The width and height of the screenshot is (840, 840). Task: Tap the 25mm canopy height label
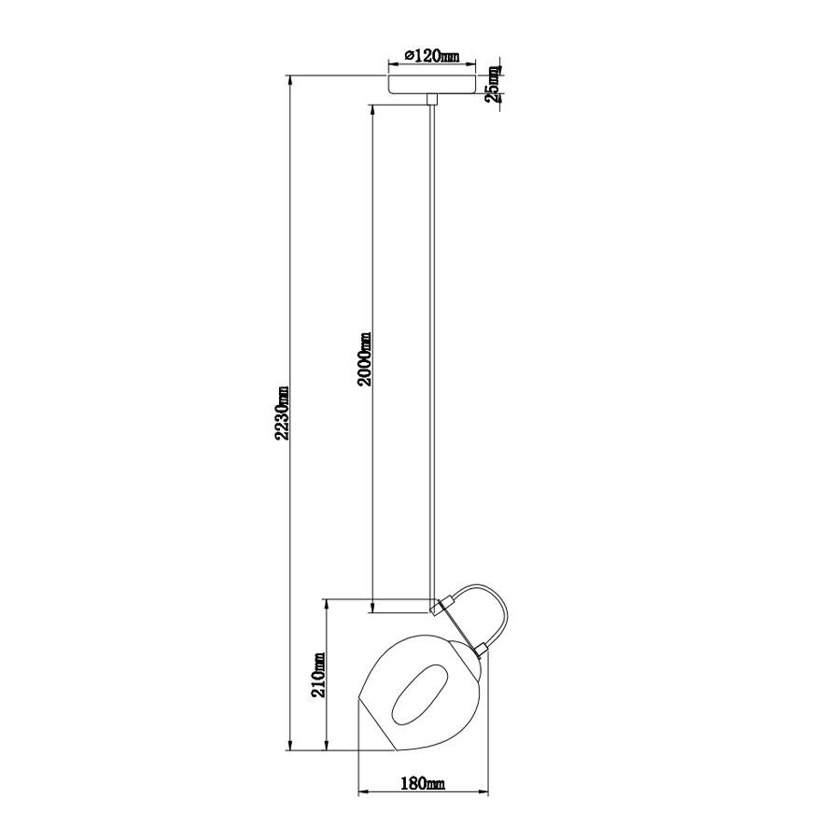pyautogui.click(x=495, y=85)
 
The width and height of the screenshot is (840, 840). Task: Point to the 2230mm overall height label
pyautogui.click(x=283, y=413)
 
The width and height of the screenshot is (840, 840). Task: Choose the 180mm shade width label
pyautogui.click(x=422, y=783)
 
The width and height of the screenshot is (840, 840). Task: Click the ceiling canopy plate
pyautogui.click(x=430, y=84)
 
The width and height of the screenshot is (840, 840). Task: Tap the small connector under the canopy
pyautogui.click(x=430, y=99)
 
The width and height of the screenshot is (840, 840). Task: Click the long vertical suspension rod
pyautogui.click(x=431, y=355)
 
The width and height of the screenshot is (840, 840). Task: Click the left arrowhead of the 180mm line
pyautogui.click(x=363, y=793)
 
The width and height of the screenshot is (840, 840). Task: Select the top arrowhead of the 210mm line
pyautogui.click(x=326, y=603)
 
